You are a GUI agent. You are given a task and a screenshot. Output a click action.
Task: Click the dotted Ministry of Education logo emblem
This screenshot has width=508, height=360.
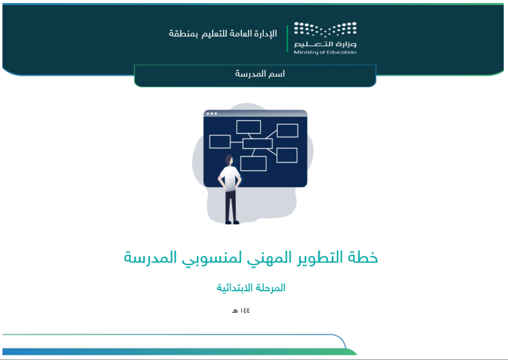pos(325,29)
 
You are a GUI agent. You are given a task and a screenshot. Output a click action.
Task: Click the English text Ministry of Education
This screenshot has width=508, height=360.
pos(325,52)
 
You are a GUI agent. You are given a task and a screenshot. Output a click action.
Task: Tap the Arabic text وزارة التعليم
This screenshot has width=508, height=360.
pos(325,44)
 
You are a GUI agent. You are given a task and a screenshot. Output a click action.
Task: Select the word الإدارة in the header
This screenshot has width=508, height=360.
pos(265,34)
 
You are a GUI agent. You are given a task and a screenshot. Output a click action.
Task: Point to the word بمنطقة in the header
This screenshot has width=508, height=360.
pos(183,34)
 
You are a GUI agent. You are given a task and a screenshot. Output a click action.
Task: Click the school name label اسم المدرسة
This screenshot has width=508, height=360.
pos(260,74)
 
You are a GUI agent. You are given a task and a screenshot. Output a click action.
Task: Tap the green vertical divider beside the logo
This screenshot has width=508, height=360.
pos(288,38)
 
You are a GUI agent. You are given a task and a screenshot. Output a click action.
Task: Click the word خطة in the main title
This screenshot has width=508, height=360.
pos(363,257)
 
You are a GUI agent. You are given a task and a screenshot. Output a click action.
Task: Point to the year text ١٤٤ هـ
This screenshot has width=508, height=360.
pos(241,311)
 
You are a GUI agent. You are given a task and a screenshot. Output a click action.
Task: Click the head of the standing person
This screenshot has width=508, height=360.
pos(229,160)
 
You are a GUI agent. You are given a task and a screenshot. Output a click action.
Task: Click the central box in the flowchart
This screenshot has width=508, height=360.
pos(258,143)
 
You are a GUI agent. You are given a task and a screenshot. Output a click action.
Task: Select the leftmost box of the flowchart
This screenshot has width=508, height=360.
pos(220,142)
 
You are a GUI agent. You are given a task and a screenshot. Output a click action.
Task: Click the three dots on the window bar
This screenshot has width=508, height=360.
pos(212,113)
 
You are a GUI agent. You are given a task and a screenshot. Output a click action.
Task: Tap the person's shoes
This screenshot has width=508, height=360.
pos(232,222)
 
